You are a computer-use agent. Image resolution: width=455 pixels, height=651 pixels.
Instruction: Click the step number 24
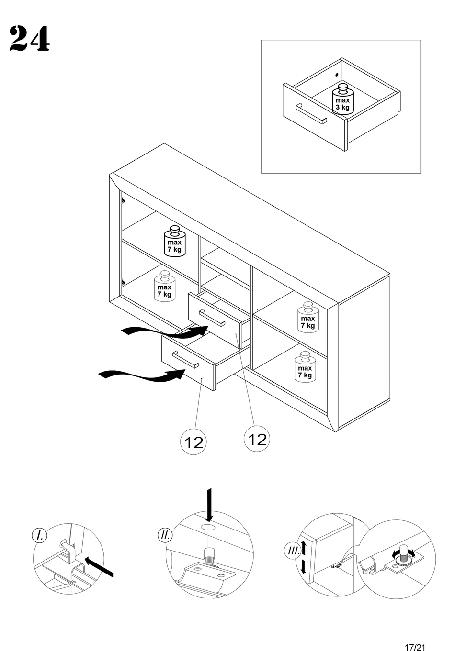(x=29, y=39)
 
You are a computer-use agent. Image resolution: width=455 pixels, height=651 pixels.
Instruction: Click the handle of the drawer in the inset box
(x=311, y=114)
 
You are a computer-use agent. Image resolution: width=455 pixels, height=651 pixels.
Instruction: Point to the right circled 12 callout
(x=257, y=438)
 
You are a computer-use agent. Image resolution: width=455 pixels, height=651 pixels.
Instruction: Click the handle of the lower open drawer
(x=185, y=359)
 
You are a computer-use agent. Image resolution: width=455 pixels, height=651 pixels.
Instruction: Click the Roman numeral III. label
(x=293, y=551)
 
